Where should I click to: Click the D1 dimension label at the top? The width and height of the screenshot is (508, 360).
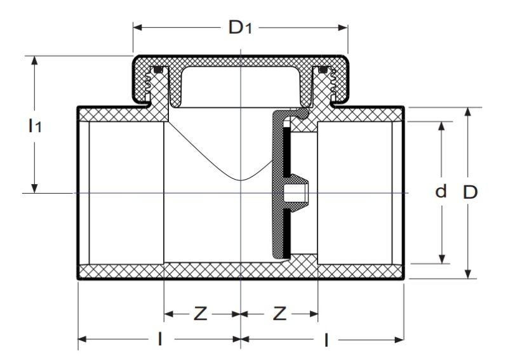(240, 27)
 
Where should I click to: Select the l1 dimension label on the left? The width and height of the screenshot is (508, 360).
(35, 126)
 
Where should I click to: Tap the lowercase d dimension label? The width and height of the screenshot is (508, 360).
(441, 191)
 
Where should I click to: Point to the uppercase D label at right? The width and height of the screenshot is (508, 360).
(470, 192)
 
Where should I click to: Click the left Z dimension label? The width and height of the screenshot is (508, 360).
(200, 314)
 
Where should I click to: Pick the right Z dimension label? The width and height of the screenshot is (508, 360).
(279, 314)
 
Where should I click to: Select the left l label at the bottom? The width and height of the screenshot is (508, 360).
(159, 339)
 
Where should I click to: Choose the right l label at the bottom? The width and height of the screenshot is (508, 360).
(326, 340)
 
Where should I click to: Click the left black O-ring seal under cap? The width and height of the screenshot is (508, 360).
(157, 70)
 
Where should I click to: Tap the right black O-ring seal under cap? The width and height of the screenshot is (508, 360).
(323, 70)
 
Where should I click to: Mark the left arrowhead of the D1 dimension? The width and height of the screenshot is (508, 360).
(137, 27)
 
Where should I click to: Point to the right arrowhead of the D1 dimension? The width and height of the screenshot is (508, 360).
(343, 27)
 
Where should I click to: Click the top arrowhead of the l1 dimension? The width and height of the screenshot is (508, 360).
(34, 60)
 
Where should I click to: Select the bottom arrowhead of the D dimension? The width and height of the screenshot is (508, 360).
(467, 274)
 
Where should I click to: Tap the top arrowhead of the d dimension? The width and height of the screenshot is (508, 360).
(441, 126)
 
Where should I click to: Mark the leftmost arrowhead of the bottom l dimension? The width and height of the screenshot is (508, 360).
(83, 339)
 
